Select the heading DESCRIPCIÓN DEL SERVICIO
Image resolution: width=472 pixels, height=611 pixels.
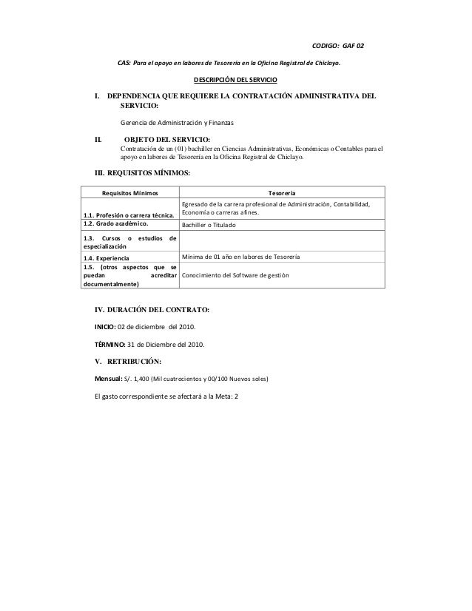coord(236,79)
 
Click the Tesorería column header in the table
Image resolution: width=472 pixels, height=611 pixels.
coord(282,193)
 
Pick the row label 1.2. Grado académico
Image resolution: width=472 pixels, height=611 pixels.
coord(117,223)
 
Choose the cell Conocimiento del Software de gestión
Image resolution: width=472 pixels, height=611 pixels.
coord(235,275)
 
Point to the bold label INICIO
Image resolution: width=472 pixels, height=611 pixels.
coord(104,326)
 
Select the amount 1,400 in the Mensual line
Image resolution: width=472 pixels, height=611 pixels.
coord(140,379)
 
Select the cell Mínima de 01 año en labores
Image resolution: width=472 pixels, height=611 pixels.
coord(245,257)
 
